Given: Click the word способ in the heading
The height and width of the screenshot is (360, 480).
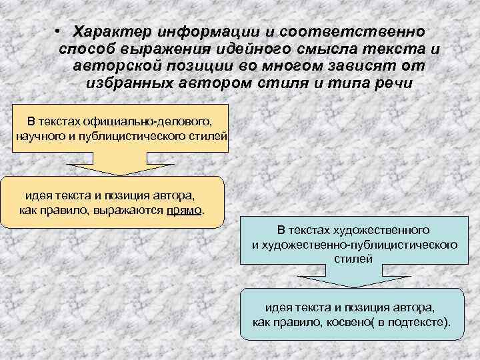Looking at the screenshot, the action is tap(87, 49).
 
